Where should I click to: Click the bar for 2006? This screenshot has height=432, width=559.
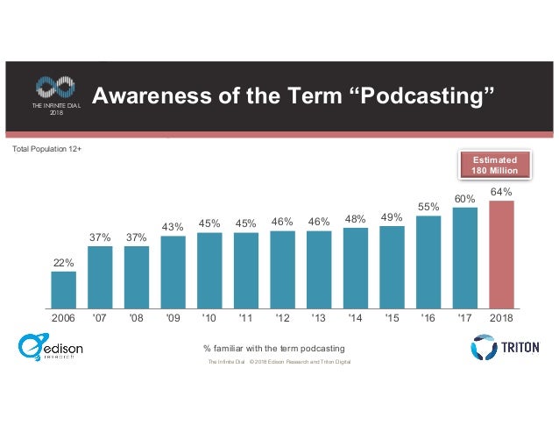click(x=63, y=289)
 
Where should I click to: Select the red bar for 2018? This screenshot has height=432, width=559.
click(x=501, y=254)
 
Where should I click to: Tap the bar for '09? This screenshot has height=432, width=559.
click(x=173, y=272)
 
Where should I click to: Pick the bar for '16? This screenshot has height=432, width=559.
click(x=428, y=261)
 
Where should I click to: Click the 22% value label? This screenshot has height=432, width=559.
click(x=63, y=262)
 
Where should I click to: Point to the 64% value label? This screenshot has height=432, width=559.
click(x=501, y=191)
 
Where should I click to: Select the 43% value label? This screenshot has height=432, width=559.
click(x=173, y=227)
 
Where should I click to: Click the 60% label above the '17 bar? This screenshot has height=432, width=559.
click(x=464, y=198)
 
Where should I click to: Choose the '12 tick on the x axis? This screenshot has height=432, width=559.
click(x=282, y=320)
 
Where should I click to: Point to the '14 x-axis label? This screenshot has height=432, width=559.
click(x=355, y=320)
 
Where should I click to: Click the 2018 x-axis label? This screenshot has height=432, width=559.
click(x=501, y=320)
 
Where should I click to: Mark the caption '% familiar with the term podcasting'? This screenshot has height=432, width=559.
click(x=273, y=349)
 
